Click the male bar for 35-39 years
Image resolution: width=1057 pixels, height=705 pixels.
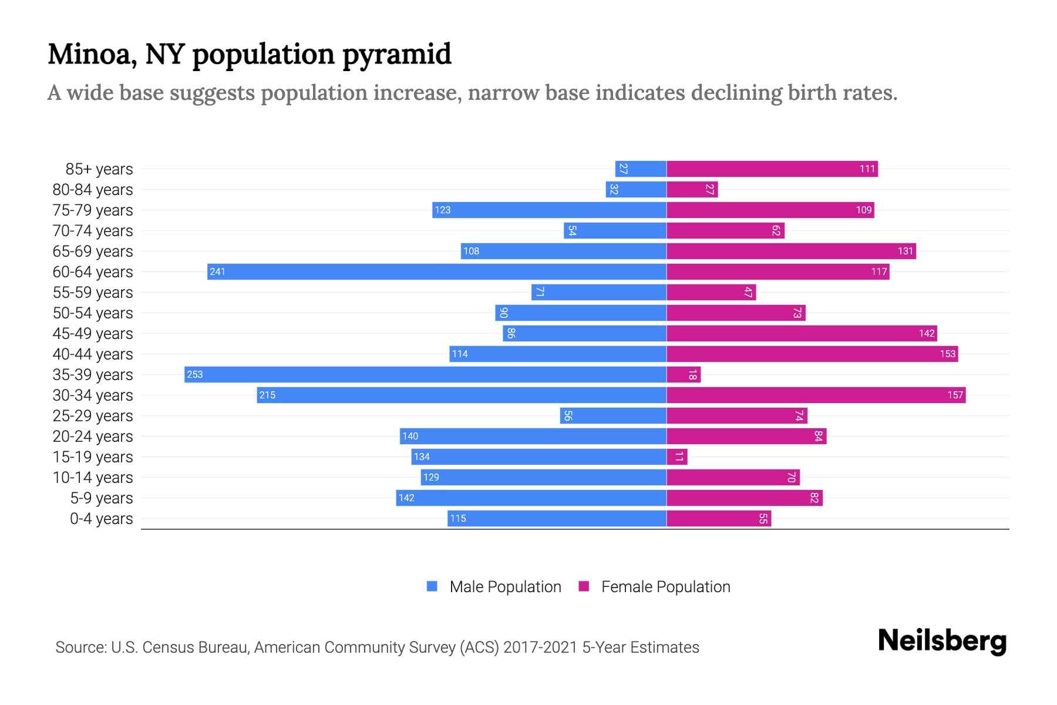coord(425,375)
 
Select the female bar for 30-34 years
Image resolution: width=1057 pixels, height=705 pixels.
coord(816,395)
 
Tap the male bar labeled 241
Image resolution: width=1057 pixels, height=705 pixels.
coord(437,272)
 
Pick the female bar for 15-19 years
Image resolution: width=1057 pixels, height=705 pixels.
coord(677,457)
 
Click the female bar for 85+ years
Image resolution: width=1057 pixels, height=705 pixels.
coord(772,169)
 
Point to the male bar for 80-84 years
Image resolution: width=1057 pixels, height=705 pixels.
coord(636,190)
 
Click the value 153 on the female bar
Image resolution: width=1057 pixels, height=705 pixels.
coord(947,354)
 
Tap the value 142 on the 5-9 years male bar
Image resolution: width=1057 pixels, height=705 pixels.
coord(406,498)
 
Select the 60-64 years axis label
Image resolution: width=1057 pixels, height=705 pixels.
coord(93,272)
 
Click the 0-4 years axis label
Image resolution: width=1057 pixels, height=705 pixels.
coord(101,519)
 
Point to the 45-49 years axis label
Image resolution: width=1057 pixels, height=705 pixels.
coord(93,334)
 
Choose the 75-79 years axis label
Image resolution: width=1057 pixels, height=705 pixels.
coord(93,210)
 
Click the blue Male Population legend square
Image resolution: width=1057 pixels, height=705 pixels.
coord(432,586)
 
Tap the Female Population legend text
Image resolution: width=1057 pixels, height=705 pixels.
coord(665,587)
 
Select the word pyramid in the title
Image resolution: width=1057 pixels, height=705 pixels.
coord(396,55)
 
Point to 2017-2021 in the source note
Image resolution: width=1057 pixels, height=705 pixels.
coord(540,647)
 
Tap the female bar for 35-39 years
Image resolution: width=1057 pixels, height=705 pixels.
coord(684,375)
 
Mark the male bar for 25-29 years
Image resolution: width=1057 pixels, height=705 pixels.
coord(613,416)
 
